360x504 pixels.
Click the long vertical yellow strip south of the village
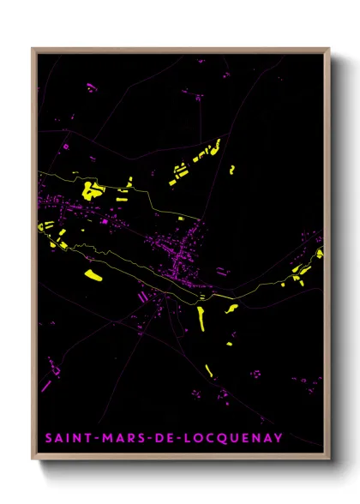click(201, 317)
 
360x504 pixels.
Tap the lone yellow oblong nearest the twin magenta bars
click(95, 277)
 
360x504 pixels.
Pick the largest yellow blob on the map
click(90, 189)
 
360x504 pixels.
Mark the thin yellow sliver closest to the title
click(208, 395)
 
